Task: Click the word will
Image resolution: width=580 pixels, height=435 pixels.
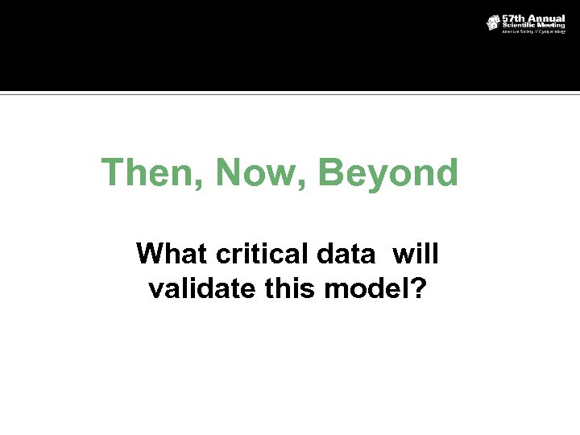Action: [416, 254]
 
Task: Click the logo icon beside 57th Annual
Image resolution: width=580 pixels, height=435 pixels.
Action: [493, 23]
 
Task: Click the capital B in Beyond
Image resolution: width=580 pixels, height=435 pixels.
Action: [330, 172]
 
